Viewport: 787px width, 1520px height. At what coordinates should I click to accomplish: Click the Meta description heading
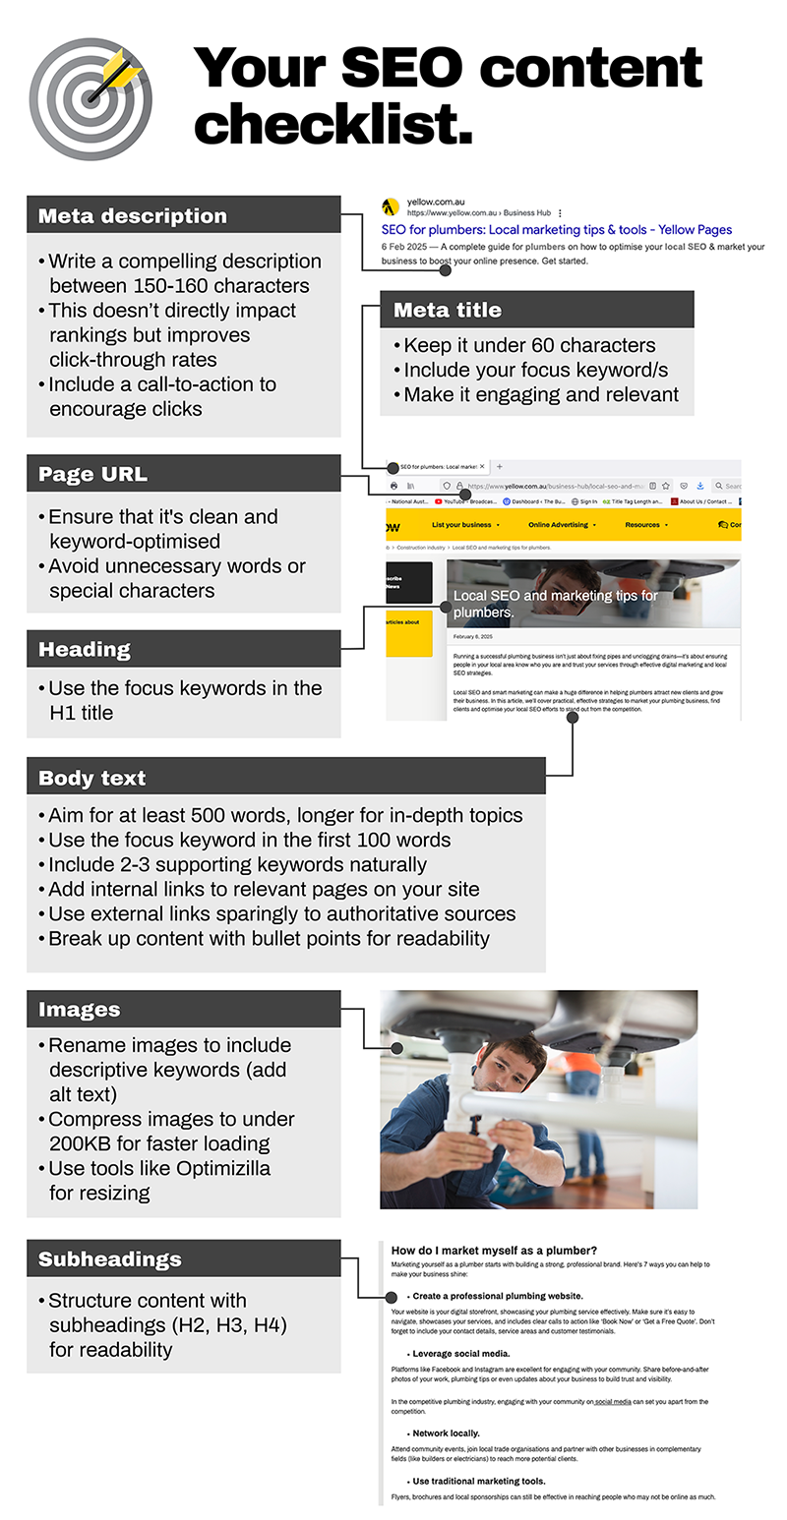pos(133,216)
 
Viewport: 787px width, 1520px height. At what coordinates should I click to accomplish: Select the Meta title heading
pos(448,310)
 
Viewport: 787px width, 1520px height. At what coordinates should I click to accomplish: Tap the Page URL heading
pos(92,474)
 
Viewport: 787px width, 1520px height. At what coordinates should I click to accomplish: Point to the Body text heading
pos(91,778)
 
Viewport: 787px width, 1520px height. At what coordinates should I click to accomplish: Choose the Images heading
pos(79,1010)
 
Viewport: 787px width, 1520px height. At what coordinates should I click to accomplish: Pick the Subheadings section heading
pos(110,1258)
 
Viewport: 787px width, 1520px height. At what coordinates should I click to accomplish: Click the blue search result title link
pos(556,229)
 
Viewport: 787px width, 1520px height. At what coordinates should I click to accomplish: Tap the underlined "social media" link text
pos(613,1402)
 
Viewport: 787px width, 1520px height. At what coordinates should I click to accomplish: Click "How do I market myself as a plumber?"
pos(494,1251)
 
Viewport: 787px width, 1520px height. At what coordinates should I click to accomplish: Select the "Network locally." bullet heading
pos(446,1433)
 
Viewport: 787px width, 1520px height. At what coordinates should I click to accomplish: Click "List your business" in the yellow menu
pos(461,525)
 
